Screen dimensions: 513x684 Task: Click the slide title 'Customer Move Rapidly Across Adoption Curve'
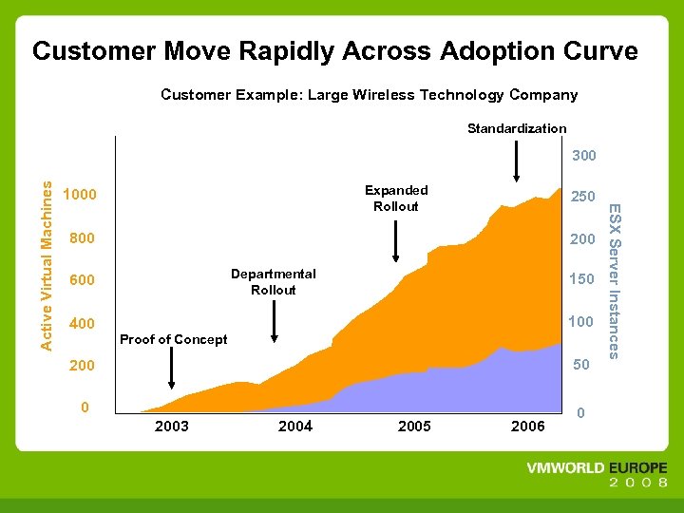pos(335,51)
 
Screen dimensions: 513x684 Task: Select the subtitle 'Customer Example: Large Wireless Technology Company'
pos(369,95)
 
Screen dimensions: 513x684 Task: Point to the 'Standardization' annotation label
pos(517,128)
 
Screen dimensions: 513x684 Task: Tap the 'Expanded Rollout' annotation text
pos(396,198)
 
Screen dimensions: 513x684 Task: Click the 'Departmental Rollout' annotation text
pos(274,281)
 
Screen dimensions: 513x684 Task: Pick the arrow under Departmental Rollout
pos(274,319)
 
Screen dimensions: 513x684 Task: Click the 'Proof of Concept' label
pos(174,339)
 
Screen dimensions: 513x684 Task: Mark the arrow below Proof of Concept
pos(171,368)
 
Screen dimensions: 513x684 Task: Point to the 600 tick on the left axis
pos(83,280)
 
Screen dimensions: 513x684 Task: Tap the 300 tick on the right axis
pos(583,155)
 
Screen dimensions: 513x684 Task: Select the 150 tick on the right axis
pos(581,279)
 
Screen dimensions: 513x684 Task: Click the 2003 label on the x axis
pos(171,427)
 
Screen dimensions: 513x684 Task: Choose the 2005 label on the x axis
pos(414,427)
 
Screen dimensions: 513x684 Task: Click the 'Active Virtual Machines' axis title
pos(47,254)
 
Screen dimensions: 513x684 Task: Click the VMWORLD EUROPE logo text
pos(597,468)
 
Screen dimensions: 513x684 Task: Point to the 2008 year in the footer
pos(638,484)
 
